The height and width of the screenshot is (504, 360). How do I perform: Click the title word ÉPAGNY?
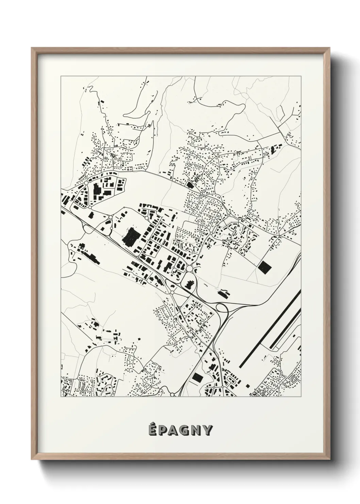tap(180, 430)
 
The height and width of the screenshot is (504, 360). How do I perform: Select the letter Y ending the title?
tap(208, 430)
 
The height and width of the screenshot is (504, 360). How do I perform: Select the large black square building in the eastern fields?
tap(265, 267)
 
